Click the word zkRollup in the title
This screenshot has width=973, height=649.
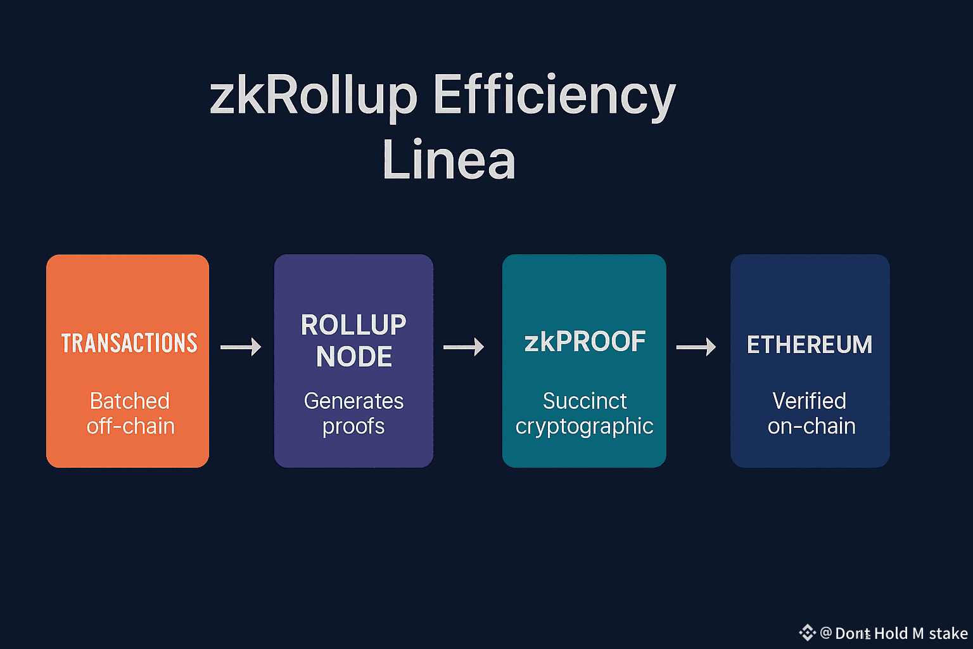[313, 96]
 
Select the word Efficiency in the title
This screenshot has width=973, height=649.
[554, 96]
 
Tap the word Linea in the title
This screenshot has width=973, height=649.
[448, 160]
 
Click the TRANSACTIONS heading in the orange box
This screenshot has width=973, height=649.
[129, 343]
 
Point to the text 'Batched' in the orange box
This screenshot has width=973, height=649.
[130, 401]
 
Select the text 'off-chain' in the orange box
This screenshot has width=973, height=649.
[130, 426]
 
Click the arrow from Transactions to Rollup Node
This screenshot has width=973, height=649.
[241, 347]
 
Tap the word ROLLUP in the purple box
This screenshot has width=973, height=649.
[353, 325]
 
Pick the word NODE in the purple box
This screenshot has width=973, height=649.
[354, 357]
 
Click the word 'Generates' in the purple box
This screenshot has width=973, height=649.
[353, 401]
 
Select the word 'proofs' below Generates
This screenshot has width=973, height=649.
[353, 427]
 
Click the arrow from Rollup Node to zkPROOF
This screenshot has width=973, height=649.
[464, 347]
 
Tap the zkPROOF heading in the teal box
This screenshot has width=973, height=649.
[585, 342]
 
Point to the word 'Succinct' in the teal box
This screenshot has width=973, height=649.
[585, 401]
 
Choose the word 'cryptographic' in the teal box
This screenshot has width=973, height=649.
[584, 427]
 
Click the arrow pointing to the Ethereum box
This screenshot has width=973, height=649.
[696, 347]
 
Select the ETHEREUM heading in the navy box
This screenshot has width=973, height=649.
[810, 345]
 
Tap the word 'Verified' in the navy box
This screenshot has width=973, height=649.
[809, 401]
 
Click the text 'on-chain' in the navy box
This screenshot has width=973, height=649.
[811, 426]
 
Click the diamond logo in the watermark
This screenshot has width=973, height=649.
[807, 632]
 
